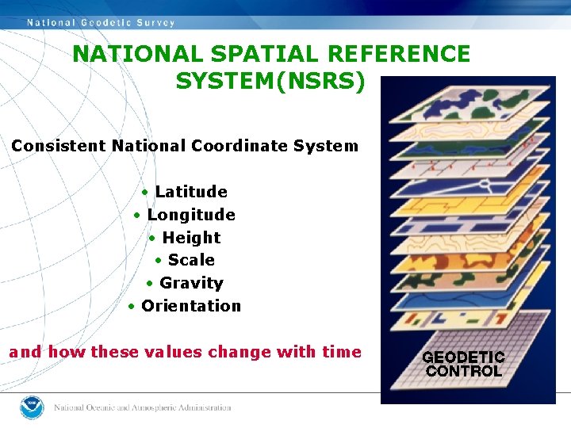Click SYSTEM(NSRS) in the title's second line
[x=270, y=81]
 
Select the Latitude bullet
[x=190, y=192]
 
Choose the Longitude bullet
[x=190, y=215]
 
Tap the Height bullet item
[x=190, y=238]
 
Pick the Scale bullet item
[x=190, y=260]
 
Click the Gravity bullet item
[x=190, y=283]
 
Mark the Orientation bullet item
[x=190, y=306]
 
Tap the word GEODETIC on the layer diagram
[x=463, y=357]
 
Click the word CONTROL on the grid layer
[x=463, y=371]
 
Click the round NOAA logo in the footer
[x=32, y=407]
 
